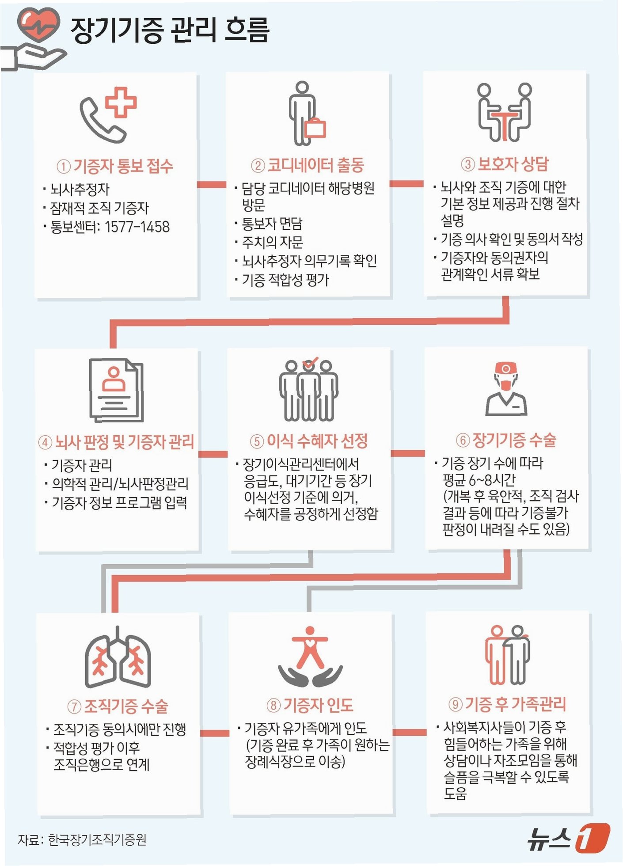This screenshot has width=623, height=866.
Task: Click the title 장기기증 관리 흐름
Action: pos(170,30)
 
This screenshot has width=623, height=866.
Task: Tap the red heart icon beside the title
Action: pos(38,25)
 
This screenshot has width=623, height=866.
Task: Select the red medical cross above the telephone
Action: pos(121,102)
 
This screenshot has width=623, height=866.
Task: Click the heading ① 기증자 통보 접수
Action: pos(115,167)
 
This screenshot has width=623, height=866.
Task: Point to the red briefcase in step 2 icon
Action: pos(315,128)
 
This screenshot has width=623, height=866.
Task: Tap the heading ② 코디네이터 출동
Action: pos(308,165)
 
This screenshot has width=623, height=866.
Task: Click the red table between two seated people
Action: pos(504,124)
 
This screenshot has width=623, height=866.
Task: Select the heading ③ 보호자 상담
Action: pos(505,164)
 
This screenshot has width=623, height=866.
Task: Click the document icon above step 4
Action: pos(116,390)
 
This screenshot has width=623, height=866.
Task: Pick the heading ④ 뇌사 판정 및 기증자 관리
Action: pos(117,442)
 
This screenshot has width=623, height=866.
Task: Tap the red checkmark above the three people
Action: pos(310,363)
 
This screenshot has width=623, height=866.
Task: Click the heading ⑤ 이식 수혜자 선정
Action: pos(309,441)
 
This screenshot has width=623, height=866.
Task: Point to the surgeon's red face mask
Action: pos(506,384)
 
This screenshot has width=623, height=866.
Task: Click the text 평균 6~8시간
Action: pos(479,480)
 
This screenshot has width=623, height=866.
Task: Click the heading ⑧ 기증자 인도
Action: pos(310,705)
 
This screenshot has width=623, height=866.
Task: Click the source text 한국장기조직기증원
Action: pos(97,839)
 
